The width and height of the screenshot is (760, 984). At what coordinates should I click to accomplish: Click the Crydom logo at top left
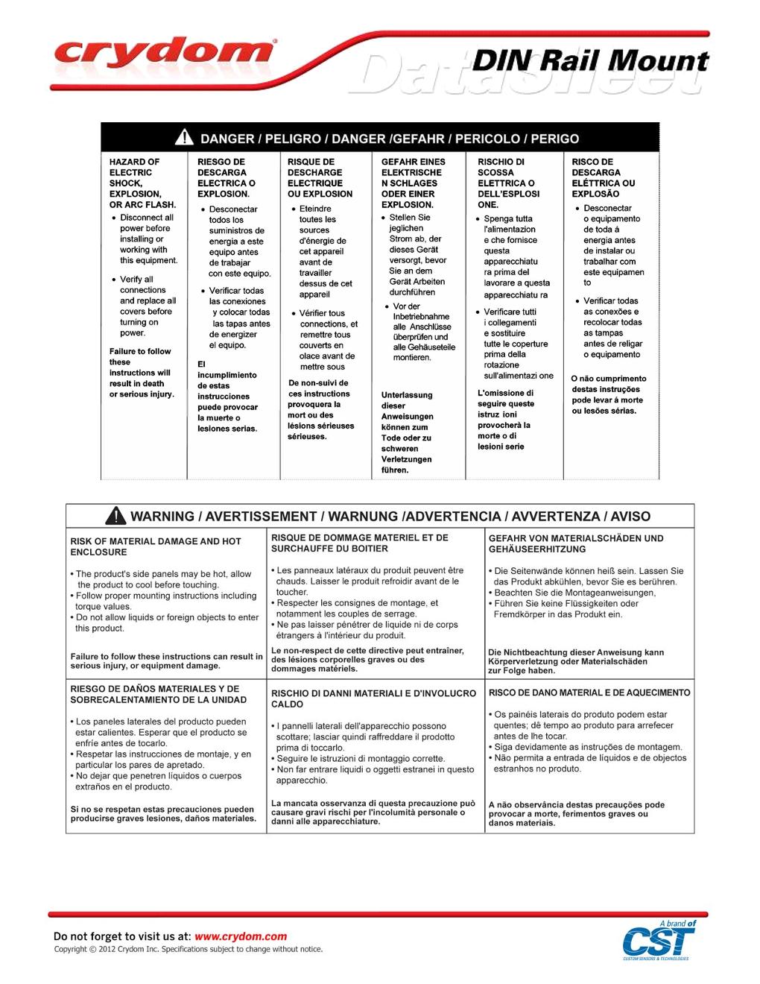coord(164,54)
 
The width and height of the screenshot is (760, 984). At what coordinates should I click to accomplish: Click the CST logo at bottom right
coord(659,941)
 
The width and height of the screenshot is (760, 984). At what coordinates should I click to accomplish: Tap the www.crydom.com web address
coord(241,936)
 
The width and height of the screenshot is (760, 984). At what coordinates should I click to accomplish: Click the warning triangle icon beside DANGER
coord(184,138)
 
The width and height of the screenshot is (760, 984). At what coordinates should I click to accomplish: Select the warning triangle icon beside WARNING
coord(115,516)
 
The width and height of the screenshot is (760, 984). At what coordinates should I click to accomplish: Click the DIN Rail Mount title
coord(590,61)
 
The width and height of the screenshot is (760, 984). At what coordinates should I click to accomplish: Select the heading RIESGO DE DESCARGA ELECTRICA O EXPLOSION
coord(227,177)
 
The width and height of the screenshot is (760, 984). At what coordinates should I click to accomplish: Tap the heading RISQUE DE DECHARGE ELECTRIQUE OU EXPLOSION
coord(320,177)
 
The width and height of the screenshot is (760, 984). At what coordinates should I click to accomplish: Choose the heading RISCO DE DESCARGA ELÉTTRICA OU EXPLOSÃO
coord(604,177)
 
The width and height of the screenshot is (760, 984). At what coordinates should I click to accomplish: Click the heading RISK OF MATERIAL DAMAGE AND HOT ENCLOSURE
coord(156,546)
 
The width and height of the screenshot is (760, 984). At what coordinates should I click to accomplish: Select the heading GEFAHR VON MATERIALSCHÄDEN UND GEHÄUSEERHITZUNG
coord(575,543)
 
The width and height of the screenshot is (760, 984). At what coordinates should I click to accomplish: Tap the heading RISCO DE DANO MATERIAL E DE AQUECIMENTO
coord(589,693)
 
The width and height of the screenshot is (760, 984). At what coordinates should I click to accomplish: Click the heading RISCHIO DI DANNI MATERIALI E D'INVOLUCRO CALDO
coord(373,698)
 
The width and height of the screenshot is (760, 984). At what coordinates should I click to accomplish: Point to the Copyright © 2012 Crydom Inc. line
coord(188,949)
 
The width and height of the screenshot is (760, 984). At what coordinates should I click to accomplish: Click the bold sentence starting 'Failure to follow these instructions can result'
coord(166,661)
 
